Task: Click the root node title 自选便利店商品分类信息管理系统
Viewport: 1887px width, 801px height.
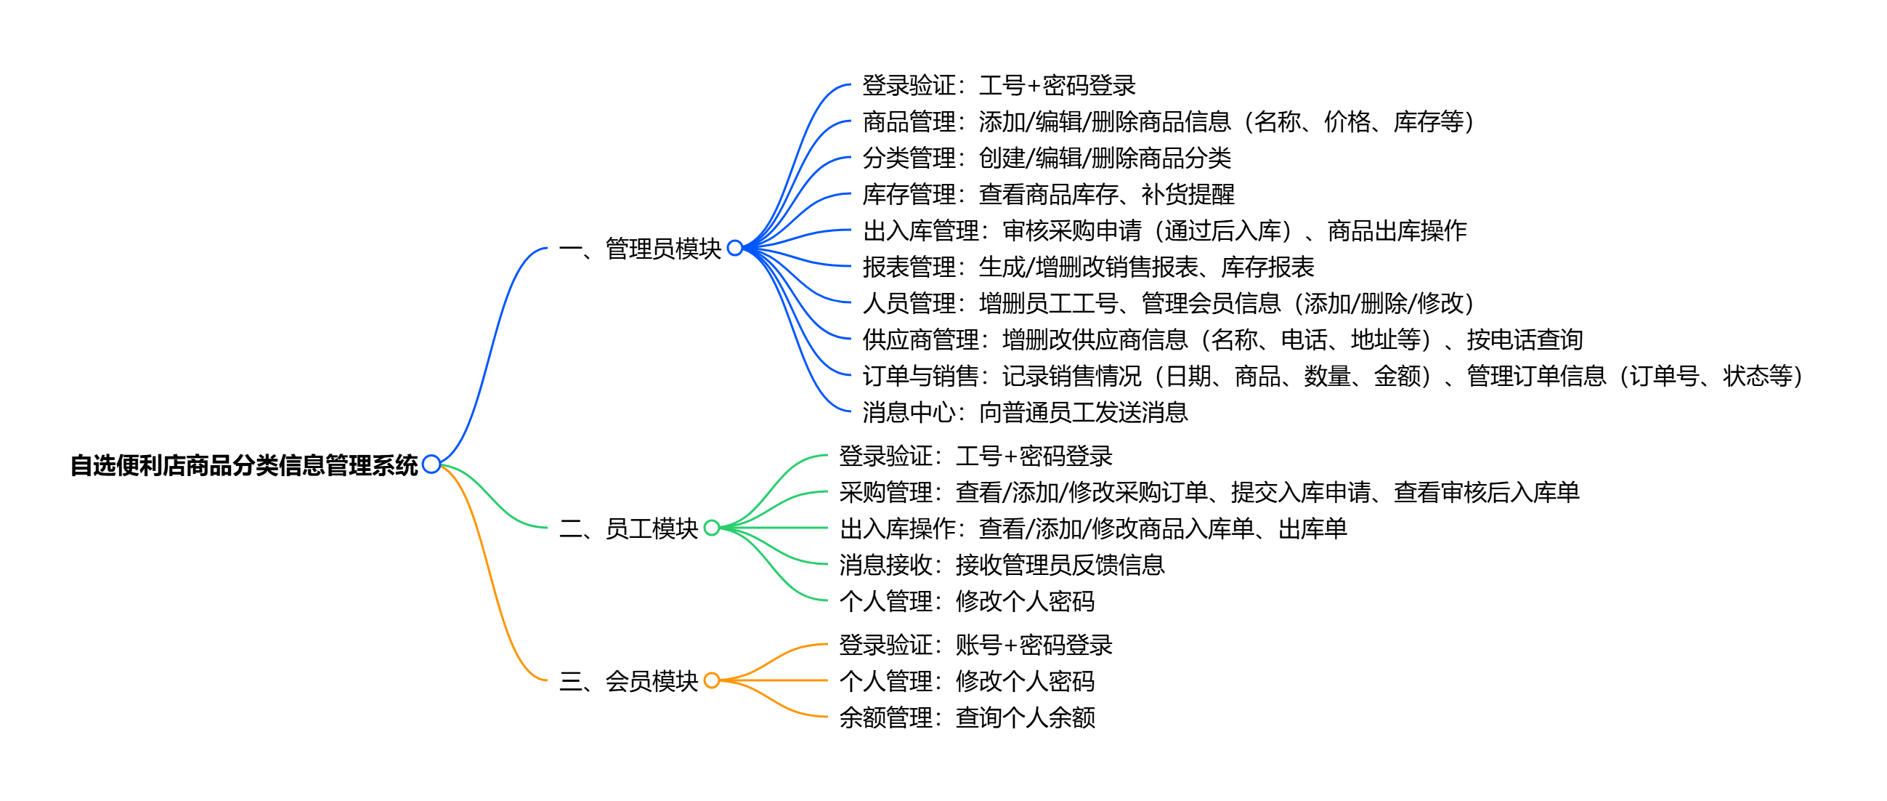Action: point(244,465)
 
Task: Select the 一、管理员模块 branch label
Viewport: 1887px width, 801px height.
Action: point(639,249)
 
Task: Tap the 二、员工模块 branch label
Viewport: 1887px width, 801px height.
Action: point(628,528)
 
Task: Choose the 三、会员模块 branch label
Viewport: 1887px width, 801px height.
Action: point(628,681)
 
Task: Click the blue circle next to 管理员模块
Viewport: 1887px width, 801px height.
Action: point(735,248)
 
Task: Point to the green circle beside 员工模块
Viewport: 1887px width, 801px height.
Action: point(711,528)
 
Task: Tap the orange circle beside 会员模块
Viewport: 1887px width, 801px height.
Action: point(711,680)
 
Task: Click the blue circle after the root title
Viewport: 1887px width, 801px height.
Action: point(431,464)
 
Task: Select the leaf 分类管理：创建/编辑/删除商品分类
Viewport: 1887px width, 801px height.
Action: point(1046,158)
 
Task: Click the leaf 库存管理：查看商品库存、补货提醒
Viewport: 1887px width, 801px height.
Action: point(1047,194)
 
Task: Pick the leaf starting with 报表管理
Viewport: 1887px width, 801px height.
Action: point(1088,267)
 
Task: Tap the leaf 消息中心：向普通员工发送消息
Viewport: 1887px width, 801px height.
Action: point(1024,413)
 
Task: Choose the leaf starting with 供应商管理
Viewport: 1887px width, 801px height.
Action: point(1222,339)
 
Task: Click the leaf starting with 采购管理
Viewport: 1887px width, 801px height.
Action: point(1209,492)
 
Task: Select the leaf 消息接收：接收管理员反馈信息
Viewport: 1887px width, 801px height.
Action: point(1002,565)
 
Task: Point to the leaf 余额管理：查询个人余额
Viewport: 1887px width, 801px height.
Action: point(966,717)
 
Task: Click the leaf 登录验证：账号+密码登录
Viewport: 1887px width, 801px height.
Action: point(975,645)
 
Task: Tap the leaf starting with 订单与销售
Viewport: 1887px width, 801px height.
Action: point(1332,376)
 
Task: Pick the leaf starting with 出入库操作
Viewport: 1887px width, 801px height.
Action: point(1092,528)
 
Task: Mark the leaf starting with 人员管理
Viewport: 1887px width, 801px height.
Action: point(1168,302)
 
